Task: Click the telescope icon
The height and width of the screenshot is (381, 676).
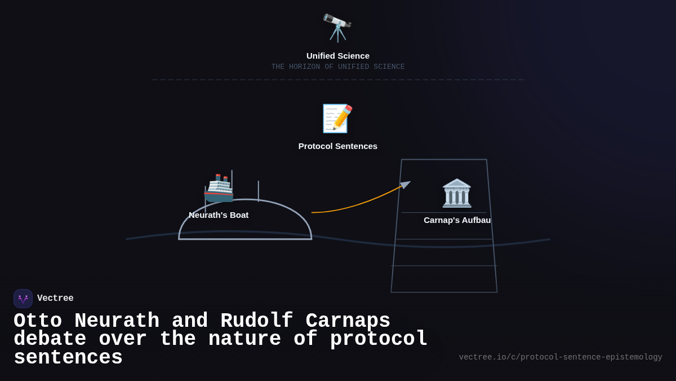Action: (337, 28)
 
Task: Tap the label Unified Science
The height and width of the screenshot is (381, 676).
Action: (338, 56)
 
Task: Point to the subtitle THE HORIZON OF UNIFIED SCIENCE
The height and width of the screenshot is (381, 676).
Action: (338, 67)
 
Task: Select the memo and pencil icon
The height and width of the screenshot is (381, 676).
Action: (337, 119)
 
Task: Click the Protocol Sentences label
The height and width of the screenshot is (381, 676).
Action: (338, 146)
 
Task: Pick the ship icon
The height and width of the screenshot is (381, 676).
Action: (219, 188)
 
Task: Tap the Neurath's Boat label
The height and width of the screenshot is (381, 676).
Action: (219, 215)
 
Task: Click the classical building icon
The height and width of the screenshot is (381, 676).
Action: (457, 193)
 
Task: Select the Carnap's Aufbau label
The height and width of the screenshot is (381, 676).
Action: (457, 220)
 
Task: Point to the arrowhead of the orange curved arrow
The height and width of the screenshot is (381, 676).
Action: (406, 184)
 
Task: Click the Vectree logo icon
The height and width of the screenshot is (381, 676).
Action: (23, 299)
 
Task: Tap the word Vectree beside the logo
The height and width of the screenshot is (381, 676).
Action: (55, 299)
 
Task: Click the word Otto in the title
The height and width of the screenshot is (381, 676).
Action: (38, 321)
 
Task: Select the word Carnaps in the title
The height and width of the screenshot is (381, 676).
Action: (348, 321)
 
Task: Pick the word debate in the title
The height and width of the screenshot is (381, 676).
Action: (50, 339)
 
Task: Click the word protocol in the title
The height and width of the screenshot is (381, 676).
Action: (379, 339)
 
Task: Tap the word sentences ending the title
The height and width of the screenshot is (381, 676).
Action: (68, 358)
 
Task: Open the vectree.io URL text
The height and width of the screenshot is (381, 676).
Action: (560, 357)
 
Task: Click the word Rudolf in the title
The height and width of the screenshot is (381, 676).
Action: (256, 321)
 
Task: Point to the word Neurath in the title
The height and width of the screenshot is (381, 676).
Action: (117, 321)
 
